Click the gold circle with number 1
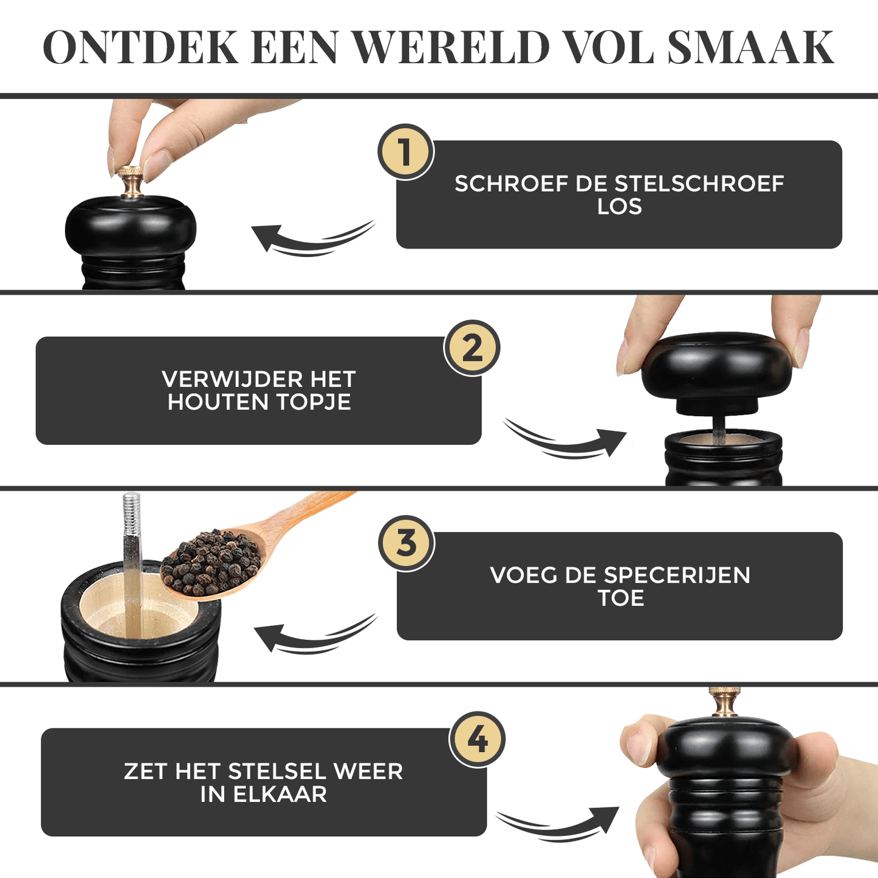405,152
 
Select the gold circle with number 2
472,348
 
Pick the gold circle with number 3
406,543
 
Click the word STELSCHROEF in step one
699,183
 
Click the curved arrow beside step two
565,441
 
